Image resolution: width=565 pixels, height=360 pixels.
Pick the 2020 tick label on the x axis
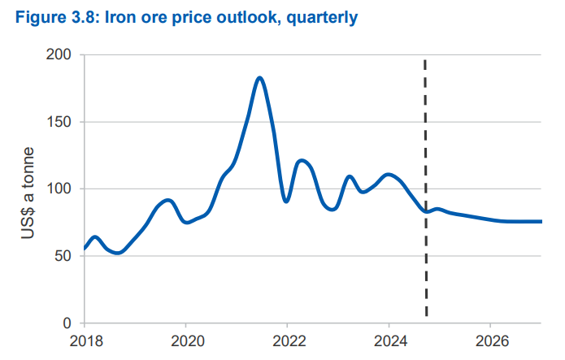pos(186,340)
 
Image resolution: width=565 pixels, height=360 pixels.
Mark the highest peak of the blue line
pos(259,78)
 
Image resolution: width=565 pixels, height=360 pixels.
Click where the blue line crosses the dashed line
pos(426,211)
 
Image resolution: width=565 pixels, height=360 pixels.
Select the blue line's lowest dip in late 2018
pos(119,253)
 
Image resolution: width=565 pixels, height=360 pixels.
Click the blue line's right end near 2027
pos(541,221)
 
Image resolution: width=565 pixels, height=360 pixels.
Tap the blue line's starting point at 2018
pos(85,249)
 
